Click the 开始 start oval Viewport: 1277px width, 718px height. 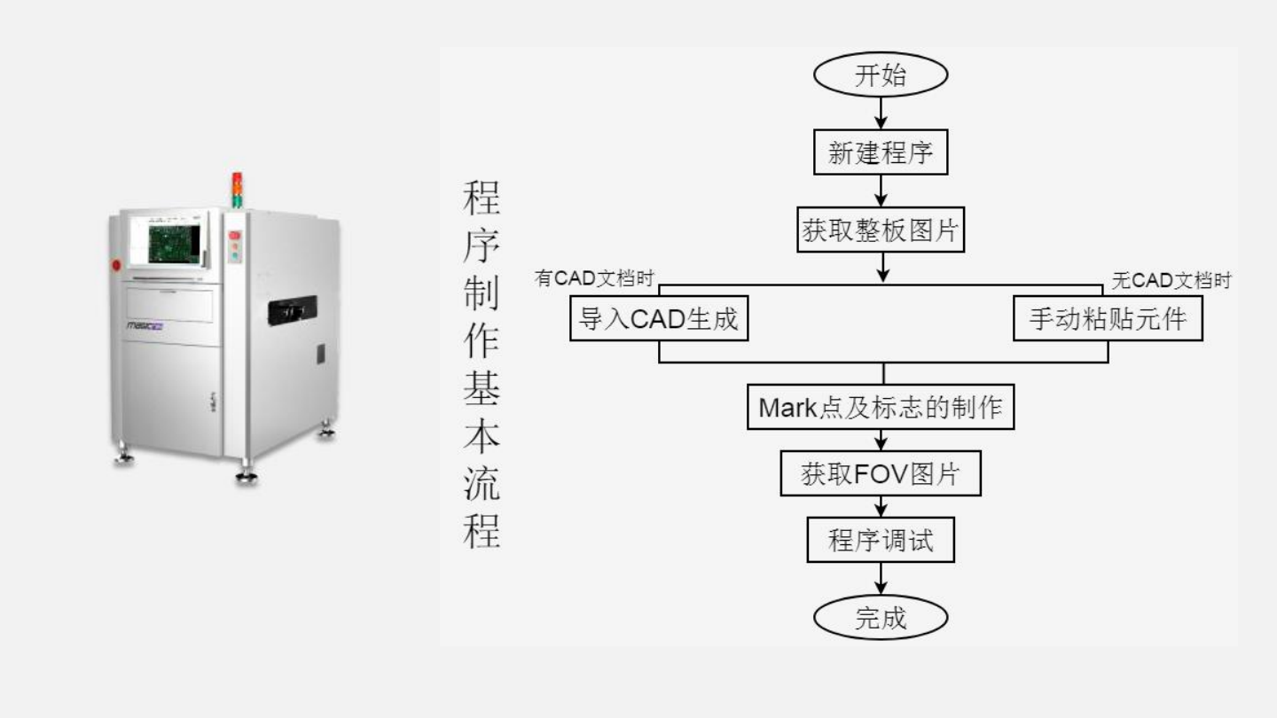tap(881, 75)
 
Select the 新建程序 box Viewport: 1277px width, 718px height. tap(881, 153)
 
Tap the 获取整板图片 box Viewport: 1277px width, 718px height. tap(881, 232)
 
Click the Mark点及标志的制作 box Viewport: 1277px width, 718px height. tap(881, 408)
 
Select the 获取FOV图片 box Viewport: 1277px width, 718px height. tap(881, 474)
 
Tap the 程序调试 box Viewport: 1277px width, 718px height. tap(881, 540)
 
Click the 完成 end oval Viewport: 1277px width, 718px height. tap(881, 618)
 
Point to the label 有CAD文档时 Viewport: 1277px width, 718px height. tap(594, 279)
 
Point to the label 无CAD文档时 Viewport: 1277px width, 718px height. tap(1171, 281)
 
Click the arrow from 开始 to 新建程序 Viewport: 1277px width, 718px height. tap(881, 113)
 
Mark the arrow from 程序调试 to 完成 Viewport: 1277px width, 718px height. tap(881, 580)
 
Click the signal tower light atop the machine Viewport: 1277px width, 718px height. tap(237, 189)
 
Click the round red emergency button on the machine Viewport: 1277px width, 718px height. tap(115, 264)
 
